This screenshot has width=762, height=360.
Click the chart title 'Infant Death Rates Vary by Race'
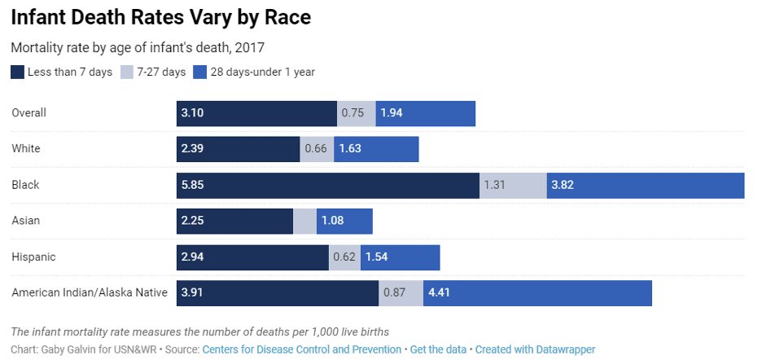[x=160, y=16]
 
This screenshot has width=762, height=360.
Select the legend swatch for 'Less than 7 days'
[x=18, y=72]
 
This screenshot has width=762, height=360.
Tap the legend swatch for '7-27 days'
[x=127, y=72]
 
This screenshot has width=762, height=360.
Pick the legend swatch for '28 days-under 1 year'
[x=200, y=72]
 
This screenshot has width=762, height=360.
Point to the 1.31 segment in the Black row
[x=513, y=185]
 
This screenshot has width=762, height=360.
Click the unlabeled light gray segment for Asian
[x=304, y=221]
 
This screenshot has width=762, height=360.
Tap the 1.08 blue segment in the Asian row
[x=344, y=221]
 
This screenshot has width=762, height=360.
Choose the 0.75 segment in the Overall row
[x=356, y=113]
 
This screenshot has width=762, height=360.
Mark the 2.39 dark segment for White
[x=238, y=149]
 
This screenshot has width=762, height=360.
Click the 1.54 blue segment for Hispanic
[x=400, y=257]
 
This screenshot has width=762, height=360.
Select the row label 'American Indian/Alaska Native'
[x=90, y=292]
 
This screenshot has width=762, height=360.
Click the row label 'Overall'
[x=28, y=113]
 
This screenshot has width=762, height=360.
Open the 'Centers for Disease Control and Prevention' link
[x=301, y=349]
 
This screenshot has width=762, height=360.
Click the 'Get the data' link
[x=438, y=349]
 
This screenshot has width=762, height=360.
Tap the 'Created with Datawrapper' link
[x=535, y=349]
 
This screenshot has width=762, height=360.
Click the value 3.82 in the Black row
[x=563, y=185]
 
